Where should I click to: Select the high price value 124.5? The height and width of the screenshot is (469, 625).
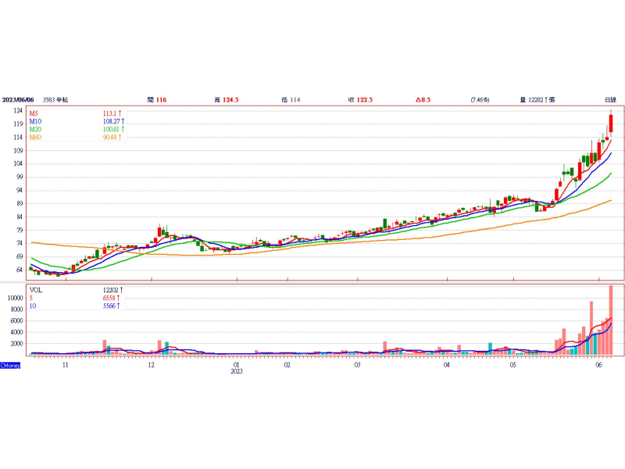[230, 99]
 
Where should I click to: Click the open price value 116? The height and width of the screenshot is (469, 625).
[161, 99]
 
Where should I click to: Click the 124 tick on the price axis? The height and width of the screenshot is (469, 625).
[16, 111]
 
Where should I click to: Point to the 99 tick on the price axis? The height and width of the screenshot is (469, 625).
[18, 177]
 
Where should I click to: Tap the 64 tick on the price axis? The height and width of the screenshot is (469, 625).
[18, 270]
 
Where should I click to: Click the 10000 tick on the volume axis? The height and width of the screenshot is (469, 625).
[13, 298]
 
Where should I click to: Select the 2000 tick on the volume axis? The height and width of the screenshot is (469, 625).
[15, 343]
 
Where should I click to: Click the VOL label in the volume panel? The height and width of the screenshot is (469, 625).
[36, 289]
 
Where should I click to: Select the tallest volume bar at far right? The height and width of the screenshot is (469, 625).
[611, 320]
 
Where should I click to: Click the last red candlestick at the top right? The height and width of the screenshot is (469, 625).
[611, 123]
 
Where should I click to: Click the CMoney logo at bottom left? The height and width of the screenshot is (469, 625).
[10, 365]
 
